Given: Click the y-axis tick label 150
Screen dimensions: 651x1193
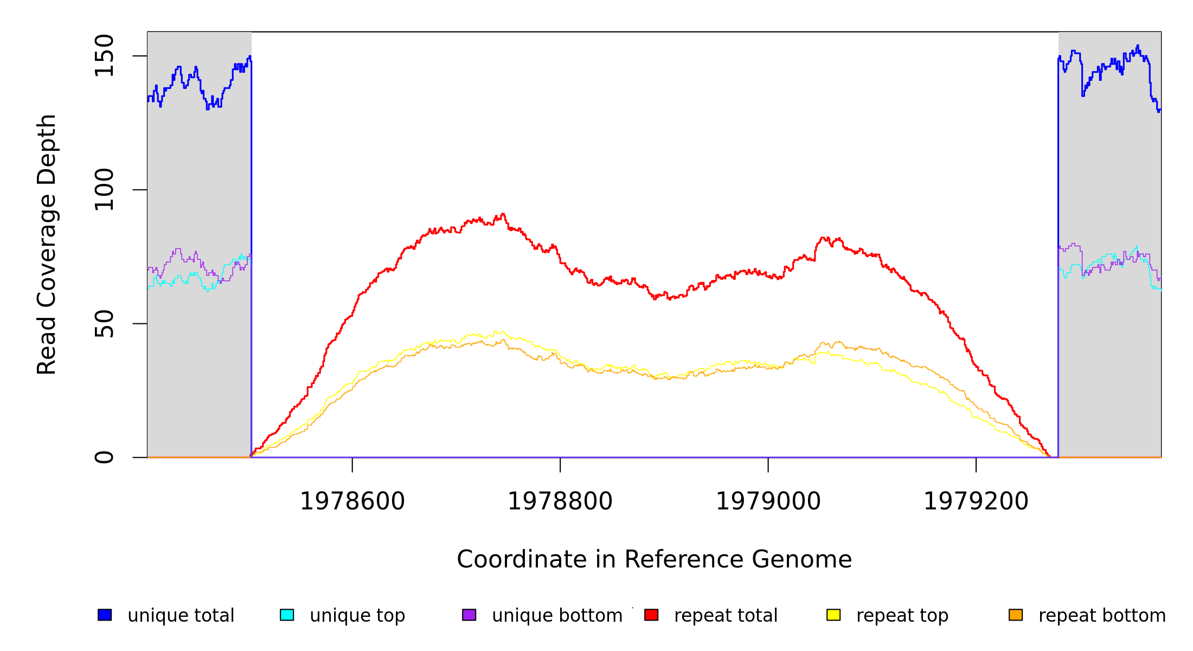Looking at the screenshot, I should point(104,55).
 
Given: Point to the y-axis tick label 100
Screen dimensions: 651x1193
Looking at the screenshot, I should point(104,189).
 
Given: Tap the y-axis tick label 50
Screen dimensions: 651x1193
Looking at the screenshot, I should point(104,323).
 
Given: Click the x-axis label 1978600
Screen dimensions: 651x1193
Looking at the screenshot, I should point(352,501).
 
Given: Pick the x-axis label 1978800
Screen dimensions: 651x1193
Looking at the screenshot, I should point(560,501).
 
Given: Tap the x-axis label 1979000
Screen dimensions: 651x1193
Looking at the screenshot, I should point(768,501).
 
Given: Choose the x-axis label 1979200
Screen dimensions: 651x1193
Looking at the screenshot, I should point(976,501).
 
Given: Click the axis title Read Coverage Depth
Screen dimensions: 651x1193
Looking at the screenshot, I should point(47,244).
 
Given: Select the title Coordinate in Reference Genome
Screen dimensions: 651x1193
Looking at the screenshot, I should point(654,559).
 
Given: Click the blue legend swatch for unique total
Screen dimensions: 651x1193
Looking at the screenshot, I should point(105,615).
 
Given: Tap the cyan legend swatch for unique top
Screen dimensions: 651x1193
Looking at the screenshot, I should point(287,615).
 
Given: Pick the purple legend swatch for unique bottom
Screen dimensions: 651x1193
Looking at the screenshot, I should point(469,615).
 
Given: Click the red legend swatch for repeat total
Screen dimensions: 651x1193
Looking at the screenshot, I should point(651,615).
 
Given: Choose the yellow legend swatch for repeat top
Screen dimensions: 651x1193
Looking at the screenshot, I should point(833,615).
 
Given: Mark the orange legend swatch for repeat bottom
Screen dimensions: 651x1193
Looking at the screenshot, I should point(1016,615).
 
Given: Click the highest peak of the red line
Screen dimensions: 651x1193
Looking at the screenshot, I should point(503,214).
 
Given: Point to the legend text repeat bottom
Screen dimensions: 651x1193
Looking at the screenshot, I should point(1102,615).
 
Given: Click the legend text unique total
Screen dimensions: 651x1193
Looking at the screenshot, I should point(181,615).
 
